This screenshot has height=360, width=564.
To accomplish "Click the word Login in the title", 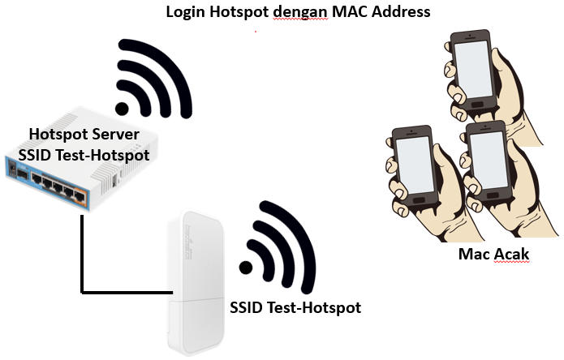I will [184, 12].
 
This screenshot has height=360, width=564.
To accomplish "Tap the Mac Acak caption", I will [493, 255].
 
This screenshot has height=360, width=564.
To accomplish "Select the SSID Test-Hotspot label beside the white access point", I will [295, 308].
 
